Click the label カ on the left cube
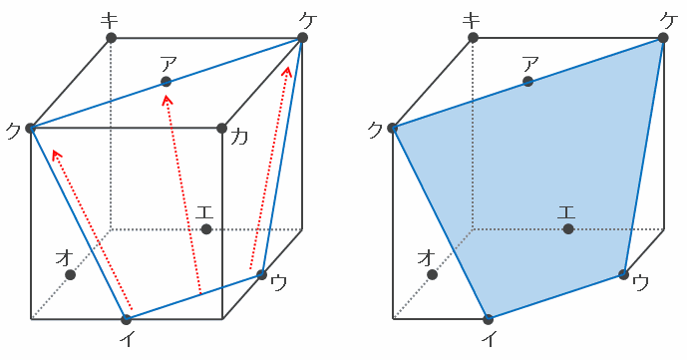point(238,137)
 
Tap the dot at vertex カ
point(221,129)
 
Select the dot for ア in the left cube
point(167,82)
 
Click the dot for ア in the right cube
point(527,82)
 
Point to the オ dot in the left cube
point(70,275)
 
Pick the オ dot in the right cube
point(433,275)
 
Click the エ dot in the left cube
point(206,229)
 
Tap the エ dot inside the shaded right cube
point(568,229)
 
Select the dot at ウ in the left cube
point(261,275)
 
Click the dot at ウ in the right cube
point(623,275)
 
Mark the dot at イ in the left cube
point(127,319)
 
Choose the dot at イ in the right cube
point(489,319)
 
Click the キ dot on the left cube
point(112,38)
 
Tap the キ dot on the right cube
point(474,38)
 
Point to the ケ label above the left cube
point(308,21)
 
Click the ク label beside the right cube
point(376,131)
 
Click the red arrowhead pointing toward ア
point(168,101)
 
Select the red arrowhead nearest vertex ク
point(56,155)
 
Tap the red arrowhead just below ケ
point(287,71)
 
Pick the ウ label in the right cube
point(641,283)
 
